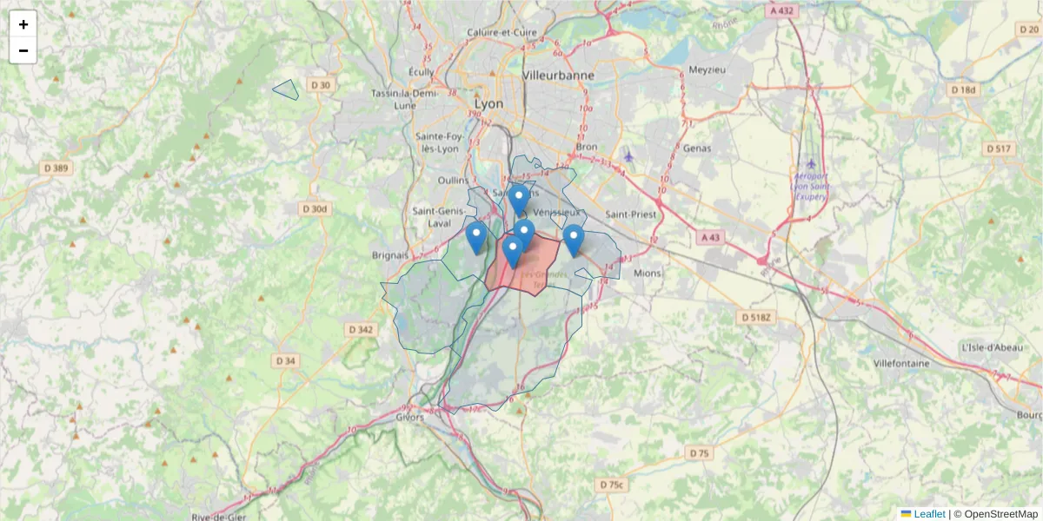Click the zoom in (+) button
[23, 24]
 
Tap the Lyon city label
[488, 103]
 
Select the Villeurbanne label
[558, 76]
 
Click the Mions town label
[648, 273]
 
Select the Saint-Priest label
[630, 214]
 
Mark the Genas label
[697, 148]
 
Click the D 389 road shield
[56, 168]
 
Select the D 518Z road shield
[755, 318]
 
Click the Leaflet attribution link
[928, 514]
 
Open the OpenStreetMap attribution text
[1001, 514]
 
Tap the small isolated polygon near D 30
[286, 89]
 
